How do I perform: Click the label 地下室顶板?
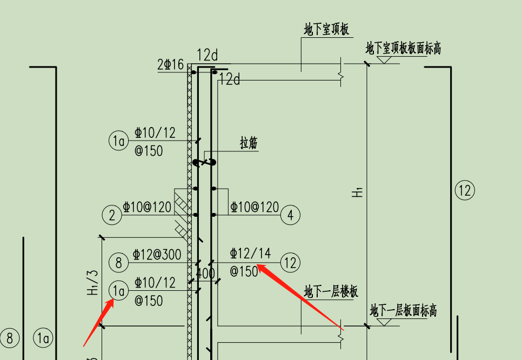pos(326,29)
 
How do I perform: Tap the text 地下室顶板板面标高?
pos(403,48)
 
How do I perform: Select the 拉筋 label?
pos(249,143)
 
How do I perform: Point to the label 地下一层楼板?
pos(331,292)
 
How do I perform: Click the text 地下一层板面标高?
pos(403,310)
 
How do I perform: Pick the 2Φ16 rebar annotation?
pos(170,64)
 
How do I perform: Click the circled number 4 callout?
pos(290,215)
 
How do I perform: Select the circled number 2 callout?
pos(112,215)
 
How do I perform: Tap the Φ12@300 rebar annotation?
pos(157,255)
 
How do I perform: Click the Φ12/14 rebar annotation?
pos(250,254)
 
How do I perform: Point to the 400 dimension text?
pos(205,274)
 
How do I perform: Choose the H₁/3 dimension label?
pos(93,283)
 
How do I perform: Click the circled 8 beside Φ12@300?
pos(118,262)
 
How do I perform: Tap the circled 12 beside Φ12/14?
pos(290,262)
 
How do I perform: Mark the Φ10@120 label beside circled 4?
pos(255,207)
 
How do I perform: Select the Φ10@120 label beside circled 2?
pos(147,207)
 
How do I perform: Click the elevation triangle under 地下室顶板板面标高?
pos(384,60)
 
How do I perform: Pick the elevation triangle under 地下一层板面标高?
pos(384,322)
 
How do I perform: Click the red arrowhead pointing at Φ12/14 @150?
pos(263,268)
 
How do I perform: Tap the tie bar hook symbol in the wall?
pos(204,163)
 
